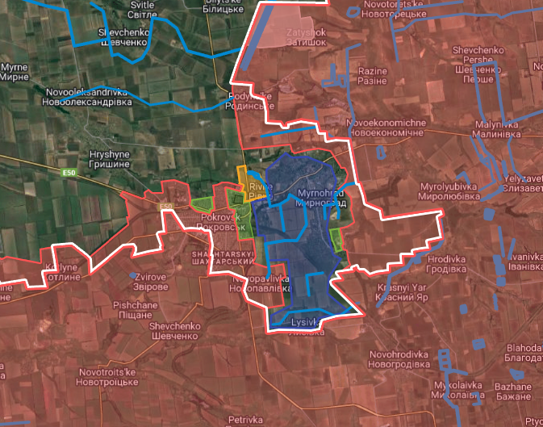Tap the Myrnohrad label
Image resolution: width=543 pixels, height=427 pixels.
pos(320,199)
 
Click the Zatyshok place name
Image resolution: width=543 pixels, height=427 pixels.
pos(305,37)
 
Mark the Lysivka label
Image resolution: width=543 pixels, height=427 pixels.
pos(307,326)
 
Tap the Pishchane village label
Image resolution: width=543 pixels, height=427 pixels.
pos(128,310)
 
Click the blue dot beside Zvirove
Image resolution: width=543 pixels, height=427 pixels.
pos(133,275)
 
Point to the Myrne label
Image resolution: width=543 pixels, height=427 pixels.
pos(14,71)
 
